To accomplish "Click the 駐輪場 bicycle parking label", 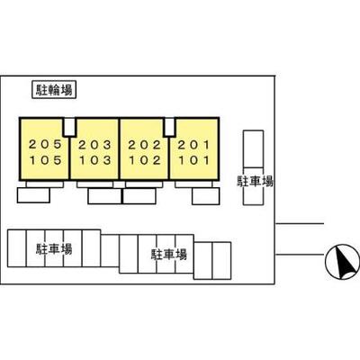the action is [54, 90].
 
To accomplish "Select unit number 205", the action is [46, 145].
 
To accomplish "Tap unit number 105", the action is [46, 160].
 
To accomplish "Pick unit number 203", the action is [95, 145].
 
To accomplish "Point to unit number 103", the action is [95, 160].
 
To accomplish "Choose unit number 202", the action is [145, 145].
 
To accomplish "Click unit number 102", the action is [145, 160].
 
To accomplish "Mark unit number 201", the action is [193, 145].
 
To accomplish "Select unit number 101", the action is [193, 160].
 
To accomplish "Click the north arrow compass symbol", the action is [342, 261].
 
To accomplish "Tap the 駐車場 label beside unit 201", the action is [255, 182].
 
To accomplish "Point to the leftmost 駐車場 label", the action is [54, 249].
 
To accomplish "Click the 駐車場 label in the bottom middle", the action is [169, 255].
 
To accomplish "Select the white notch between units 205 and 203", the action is [69, 127].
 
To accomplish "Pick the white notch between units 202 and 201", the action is [170, 127].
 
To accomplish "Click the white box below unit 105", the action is [33, 195].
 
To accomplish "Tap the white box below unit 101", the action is [206, 196].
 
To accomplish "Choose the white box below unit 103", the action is [104, 196].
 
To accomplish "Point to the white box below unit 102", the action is [139, 196].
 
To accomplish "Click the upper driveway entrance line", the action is [300, 223].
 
